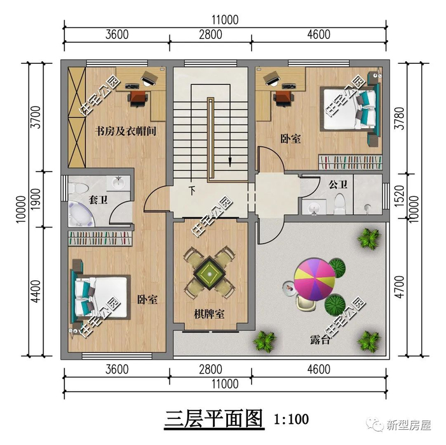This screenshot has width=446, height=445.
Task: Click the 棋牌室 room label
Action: coord(209,314)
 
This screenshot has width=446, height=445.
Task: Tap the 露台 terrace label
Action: coord(320,340)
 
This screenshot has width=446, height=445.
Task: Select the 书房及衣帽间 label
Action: coord(126,131)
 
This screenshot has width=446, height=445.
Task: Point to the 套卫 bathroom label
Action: coord(98,200)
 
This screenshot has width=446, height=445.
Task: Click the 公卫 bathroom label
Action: coord(338,185)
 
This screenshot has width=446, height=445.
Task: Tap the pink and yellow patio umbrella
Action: coord(315,279)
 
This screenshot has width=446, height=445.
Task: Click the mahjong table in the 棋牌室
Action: coord(210,273)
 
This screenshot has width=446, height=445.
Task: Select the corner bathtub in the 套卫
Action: coord(81,214)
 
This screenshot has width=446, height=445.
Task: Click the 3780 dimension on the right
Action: coord(400,119)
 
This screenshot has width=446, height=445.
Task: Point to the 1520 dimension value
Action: coord(400,196)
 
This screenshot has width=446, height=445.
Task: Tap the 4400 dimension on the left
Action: coord(36,291)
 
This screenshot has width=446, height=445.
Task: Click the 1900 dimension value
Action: coord(36,199)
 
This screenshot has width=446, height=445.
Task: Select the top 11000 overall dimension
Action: coord(225,20)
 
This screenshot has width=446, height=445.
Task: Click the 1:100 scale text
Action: coord(291,419)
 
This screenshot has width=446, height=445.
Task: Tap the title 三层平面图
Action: coord(213,419)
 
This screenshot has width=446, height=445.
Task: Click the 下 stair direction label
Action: coord(192,191)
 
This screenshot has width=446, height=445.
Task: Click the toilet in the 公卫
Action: coord(340,204)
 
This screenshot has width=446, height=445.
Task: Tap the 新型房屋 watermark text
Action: coord(408,426)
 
